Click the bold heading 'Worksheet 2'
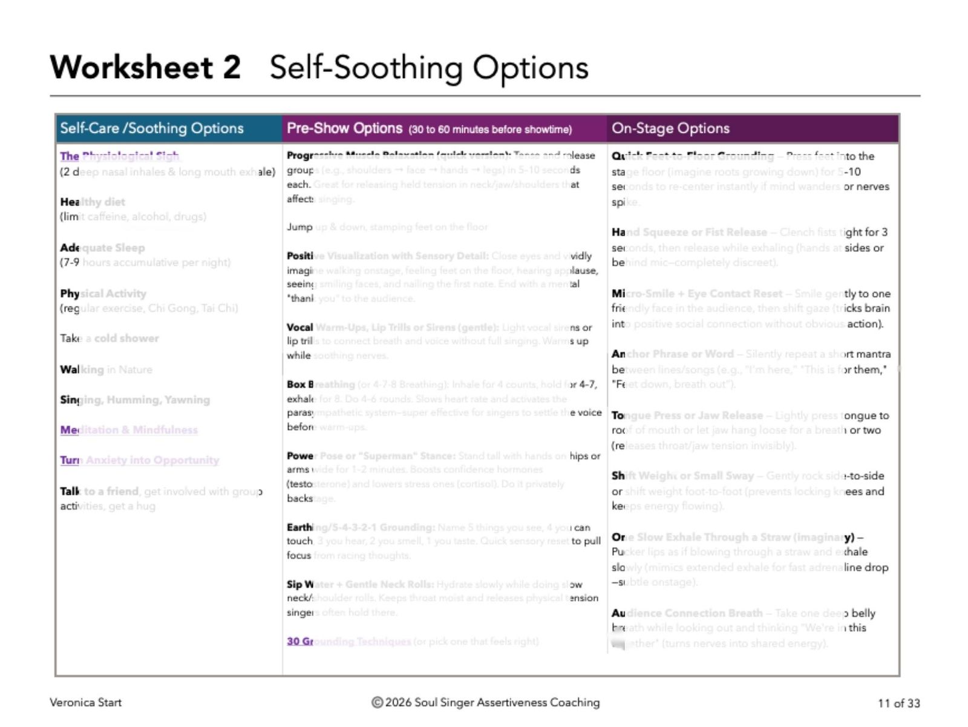[x=145, y=67]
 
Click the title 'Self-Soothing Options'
[x=429, y=67]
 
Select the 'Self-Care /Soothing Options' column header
[x=152, y=128]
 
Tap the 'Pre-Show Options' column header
[x=344, y=128]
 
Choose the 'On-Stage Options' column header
[x=670, y=128]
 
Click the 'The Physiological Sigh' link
[x=119, y=156]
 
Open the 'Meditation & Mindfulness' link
[x=129, y=430]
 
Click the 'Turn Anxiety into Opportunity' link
[x=139, y=460]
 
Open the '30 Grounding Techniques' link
[x=348, y=641]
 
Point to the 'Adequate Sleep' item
[x=102, y=248]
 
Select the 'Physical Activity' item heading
[x=103, y=294]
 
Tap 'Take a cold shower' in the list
[x=110, y=338]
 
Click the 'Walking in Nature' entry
[x=106, y=369]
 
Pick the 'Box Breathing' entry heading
[x=321, y=384]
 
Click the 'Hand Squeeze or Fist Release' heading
[x=689, y=232]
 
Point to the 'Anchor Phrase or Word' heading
[x=672, y=354]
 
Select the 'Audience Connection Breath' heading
[x=687, y=613]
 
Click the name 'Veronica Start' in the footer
[x=85, y=703]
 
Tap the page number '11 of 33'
[x=898, y=703]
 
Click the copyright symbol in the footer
[x=377, y=703]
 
